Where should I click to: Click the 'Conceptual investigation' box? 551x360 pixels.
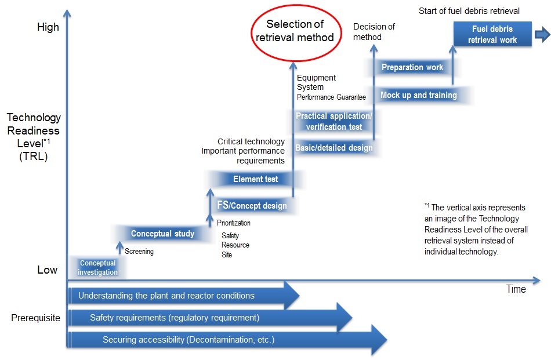click(97, 268)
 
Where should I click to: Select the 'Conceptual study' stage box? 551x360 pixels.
click(162, 234)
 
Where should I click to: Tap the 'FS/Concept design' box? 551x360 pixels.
click(252, 205)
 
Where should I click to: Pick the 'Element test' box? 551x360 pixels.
click(255, 179)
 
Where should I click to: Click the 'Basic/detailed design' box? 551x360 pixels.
click(333, 148)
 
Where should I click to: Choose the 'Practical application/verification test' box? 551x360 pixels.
click(333, 121)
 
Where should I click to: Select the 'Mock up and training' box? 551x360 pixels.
click(418, 95)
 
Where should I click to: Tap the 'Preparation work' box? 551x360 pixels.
click(412, 67)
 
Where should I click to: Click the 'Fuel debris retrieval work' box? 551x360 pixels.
click(492, 34)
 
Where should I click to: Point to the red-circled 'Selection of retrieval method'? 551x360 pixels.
click(295, 31)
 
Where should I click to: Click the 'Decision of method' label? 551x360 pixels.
click(374, 32)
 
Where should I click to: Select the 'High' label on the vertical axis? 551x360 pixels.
click(48, 27)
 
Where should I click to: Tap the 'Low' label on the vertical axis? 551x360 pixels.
click(48, 270)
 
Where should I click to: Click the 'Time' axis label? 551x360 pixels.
click(516, 289)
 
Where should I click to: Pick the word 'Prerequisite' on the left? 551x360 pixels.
click(35, 318)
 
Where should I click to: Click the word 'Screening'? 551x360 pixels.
click(139, 252)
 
